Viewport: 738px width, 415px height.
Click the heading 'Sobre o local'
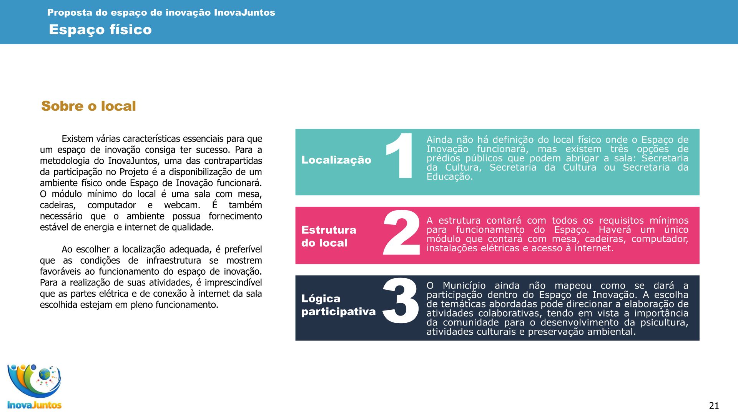click(88, 106)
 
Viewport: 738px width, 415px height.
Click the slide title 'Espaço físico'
click(100, 30)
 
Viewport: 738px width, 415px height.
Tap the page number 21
click(714, 405)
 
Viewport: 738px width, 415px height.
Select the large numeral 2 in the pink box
click(401, 233)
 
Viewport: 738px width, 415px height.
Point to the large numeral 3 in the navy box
click(401, 300)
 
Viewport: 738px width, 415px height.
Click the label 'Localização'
click(336, 160)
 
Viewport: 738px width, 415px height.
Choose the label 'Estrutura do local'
click(329, 236)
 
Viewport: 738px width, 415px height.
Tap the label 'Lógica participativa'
click(338, 305)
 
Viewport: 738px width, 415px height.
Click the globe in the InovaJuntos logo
click(45, 373)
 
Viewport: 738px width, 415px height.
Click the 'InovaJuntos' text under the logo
click(34, 405)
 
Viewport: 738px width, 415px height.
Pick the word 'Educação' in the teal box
click(449, 177)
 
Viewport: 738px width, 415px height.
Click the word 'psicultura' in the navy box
click(664, 322)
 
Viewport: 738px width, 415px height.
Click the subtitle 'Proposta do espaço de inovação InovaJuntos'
click(161, 13)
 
